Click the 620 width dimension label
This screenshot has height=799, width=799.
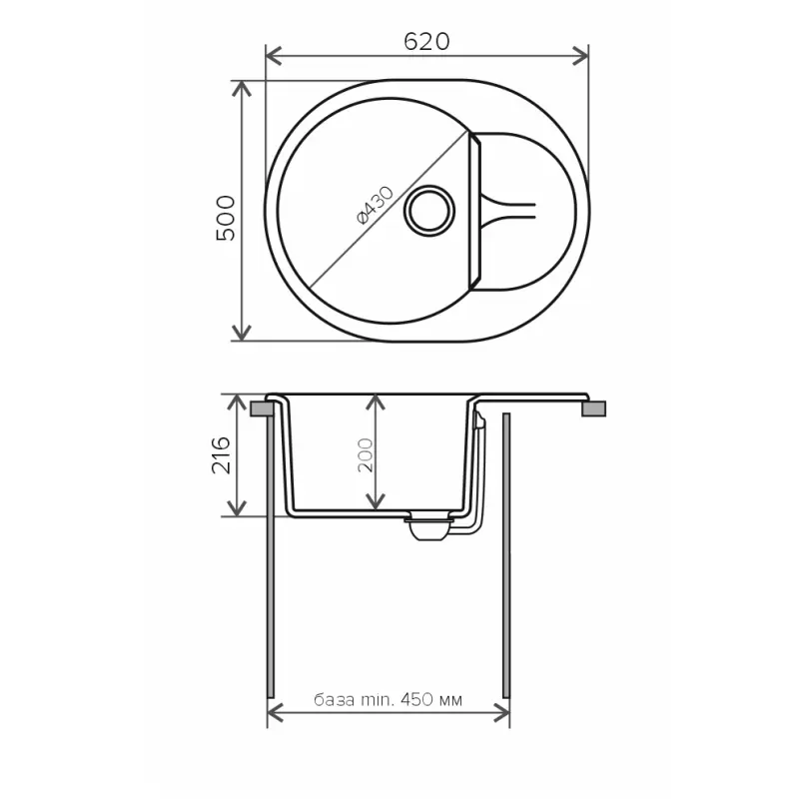426,42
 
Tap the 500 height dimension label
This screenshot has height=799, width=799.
226,218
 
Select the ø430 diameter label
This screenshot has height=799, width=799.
376,206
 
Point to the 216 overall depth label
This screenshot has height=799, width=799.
221,455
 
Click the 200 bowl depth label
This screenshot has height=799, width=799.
366,455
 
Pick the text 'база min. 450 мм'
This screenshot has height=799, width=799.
389,700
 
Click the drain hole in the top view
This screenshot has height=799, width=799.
429,211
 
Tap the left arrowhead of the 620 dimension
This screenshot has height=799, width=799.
274,56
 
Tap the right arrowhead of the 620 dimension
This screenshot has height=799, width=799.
580,56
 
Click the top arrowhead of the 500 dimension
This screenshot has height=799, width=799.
242,89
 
